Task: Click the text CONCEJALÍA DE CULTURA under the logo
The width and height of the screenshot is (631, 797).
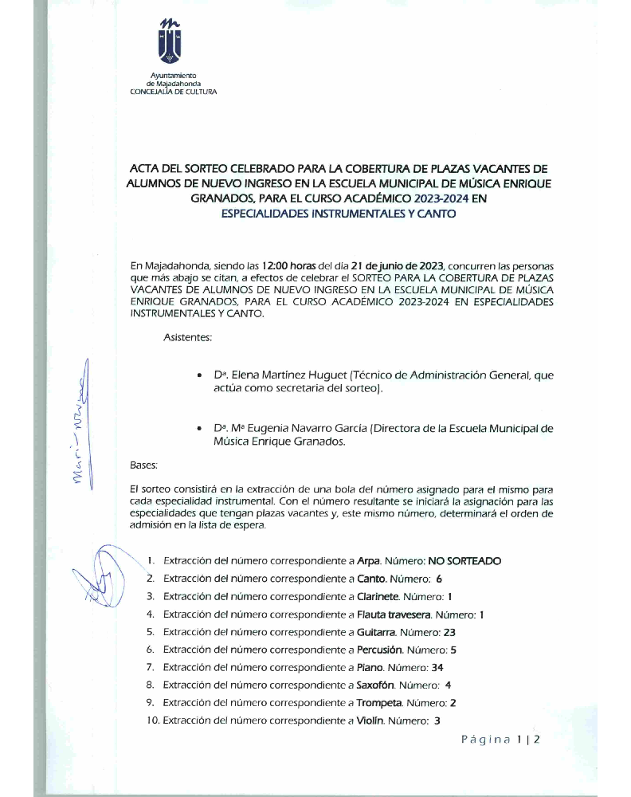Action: click(173, 92)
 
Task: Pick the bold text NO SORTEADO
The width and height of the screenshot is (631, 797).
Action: click(464, 561)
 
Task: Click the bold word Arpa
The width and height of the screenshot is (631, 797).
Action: click(368, 561)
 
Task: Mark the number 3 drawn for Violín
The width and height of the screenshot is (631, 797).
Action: click(437, 720)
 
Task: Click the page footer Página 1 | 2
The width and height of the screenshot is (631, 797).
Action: click(500, 740)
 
